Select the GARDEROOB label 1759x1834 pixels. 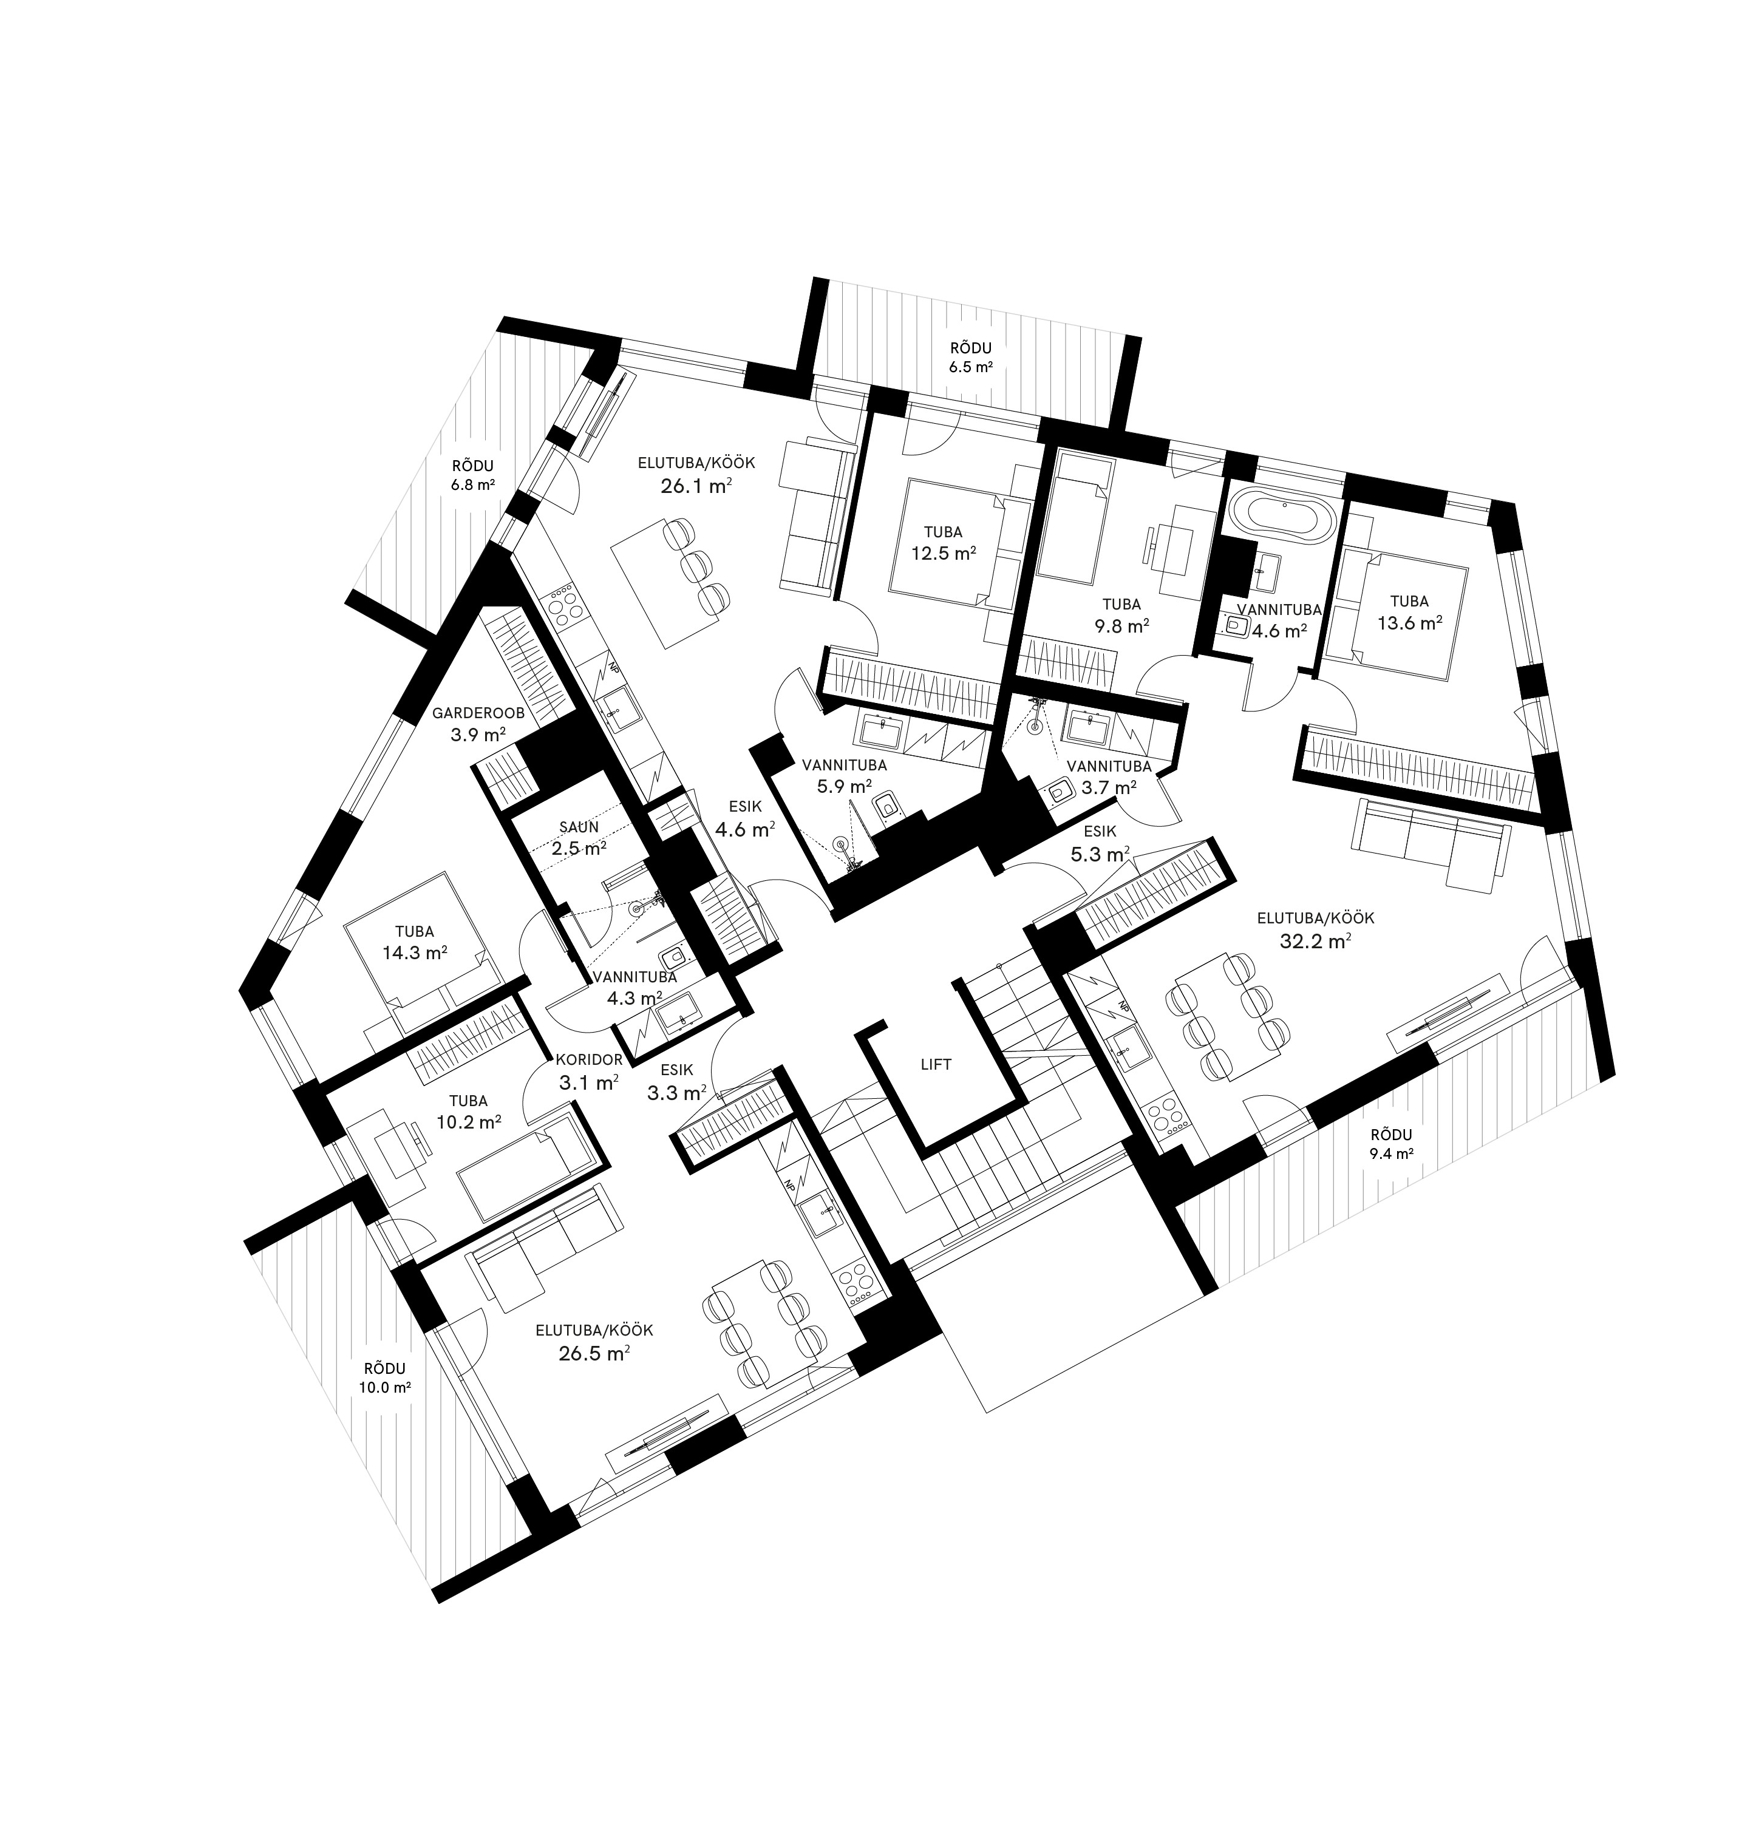(477, 713)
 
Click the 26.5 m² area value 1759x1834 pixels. (593, 1352)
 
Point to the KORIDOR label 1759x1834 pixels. (588, 1060)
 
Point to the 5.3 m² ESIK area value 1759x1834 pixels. (1100, 854)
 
